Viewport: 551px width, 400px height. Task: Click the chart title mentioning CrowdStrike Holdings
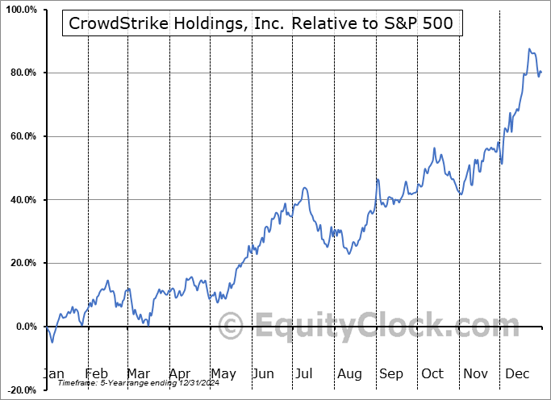click(x=262, y=24)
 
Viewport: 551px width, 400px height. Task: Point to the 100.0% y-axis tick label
click(x=21, y=10)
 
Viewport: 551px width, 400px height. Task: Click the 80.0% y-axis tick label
click(x=23, y=73)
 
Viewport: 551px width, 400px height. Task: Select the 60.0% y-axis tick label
click(x=23, y=136)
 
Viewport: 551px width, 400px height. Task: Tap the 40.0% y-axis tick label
click(x=23, y=200)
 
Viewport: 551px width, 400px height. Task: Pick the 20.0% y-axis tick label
click(x=23, y=263)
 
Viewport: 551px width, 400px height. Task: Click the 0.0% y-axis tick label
click(x=25, y=327)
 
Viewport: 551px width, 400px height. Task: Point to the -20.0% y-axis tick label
click(x=21, y=390)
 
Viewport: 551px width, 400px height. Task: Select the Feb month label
click(x=98, y=374)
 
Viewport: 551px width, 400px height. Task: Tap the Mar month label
click(x=138, y=374)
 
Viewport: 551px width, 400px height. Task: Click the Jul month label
click(x=305, y=374)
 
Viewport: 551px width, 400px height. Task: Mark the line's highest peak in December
click(x=529, y=49)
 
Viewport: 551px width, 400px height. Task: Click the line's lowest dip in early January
click(x=52, y=343)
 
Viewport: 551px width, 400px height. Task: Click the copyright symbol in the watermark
click(x=232, y=327)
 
